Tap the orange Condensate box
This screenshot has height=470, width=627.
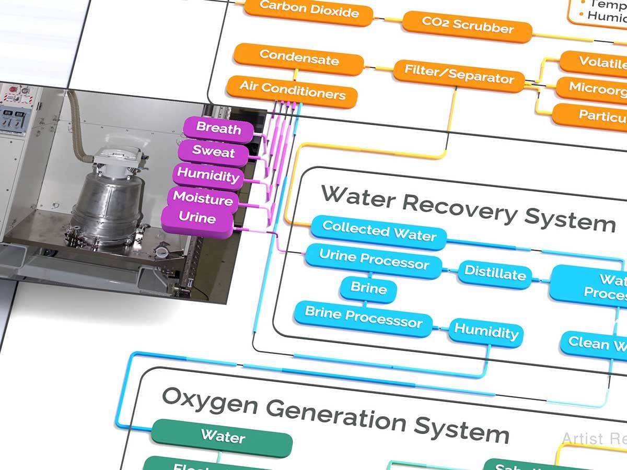(298, 58)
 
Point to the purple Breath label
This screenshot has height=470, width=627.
(218, 128)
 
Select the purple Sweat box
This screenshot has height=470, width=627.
(214, 152)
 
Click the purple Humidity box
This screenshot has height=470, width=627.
(208, 175)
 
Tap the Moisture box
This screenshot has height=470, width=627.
(203, 199)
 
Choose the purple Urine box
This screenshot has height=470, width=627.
(197, 218)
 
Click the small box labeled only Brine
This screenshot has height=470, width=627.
(368, 289)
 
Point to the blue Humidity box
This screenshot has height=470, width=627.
(486, 332)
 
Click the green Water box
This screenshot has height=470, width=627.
(222, 437)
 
